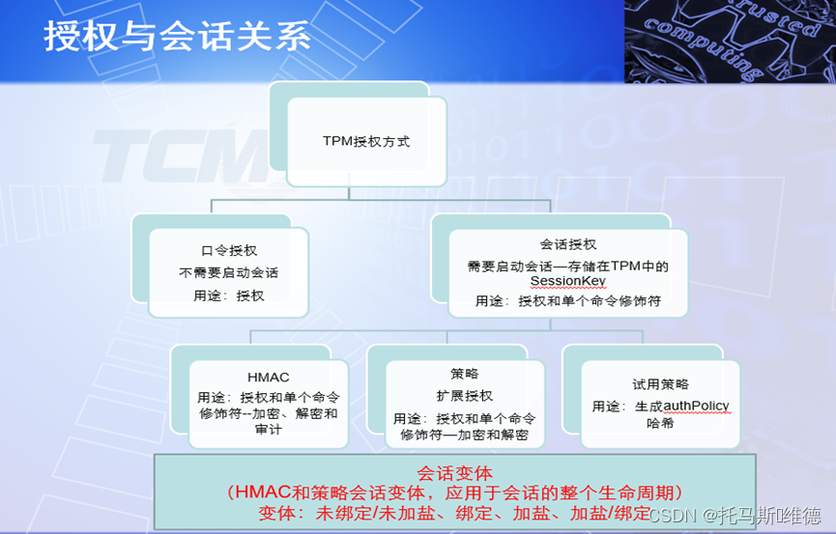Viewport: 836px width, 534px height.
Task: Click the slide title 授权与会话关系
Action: coord(177,37)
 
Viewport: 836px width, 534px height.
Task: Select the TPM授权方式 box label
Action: coord(366,141)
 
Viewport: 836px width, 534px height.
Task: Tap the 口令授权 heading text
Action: coord(229,250)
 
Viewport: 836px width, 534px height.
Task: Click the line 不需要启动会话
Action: coord(229,272)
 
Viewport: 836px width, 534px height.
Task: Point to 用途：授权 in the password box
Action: coord(229,295)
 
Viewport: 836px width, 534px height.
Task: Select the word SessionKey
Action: coord(567,282)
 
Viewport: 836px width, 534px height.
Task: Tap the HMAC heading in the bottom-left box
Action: coord(268,378)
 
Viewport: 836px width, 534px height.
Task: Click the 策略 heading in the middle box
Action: coord(464,374)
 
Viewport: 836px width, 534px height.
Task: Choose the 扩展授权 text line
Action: coord(464,396)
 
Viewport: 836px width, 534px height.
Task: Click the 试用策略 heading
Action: coord(661,384)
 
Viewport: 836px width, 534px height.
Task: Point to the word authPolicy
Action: coord(695,407)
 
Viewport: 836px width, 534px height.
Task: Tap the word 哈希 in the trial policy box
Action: coord(661,424)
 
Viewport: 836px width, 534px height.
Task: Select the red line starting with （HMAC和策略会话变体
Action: coord(454,492)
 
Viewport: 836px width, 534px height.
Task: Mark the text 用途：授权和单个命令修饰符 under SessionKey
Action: coord(567,301)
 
